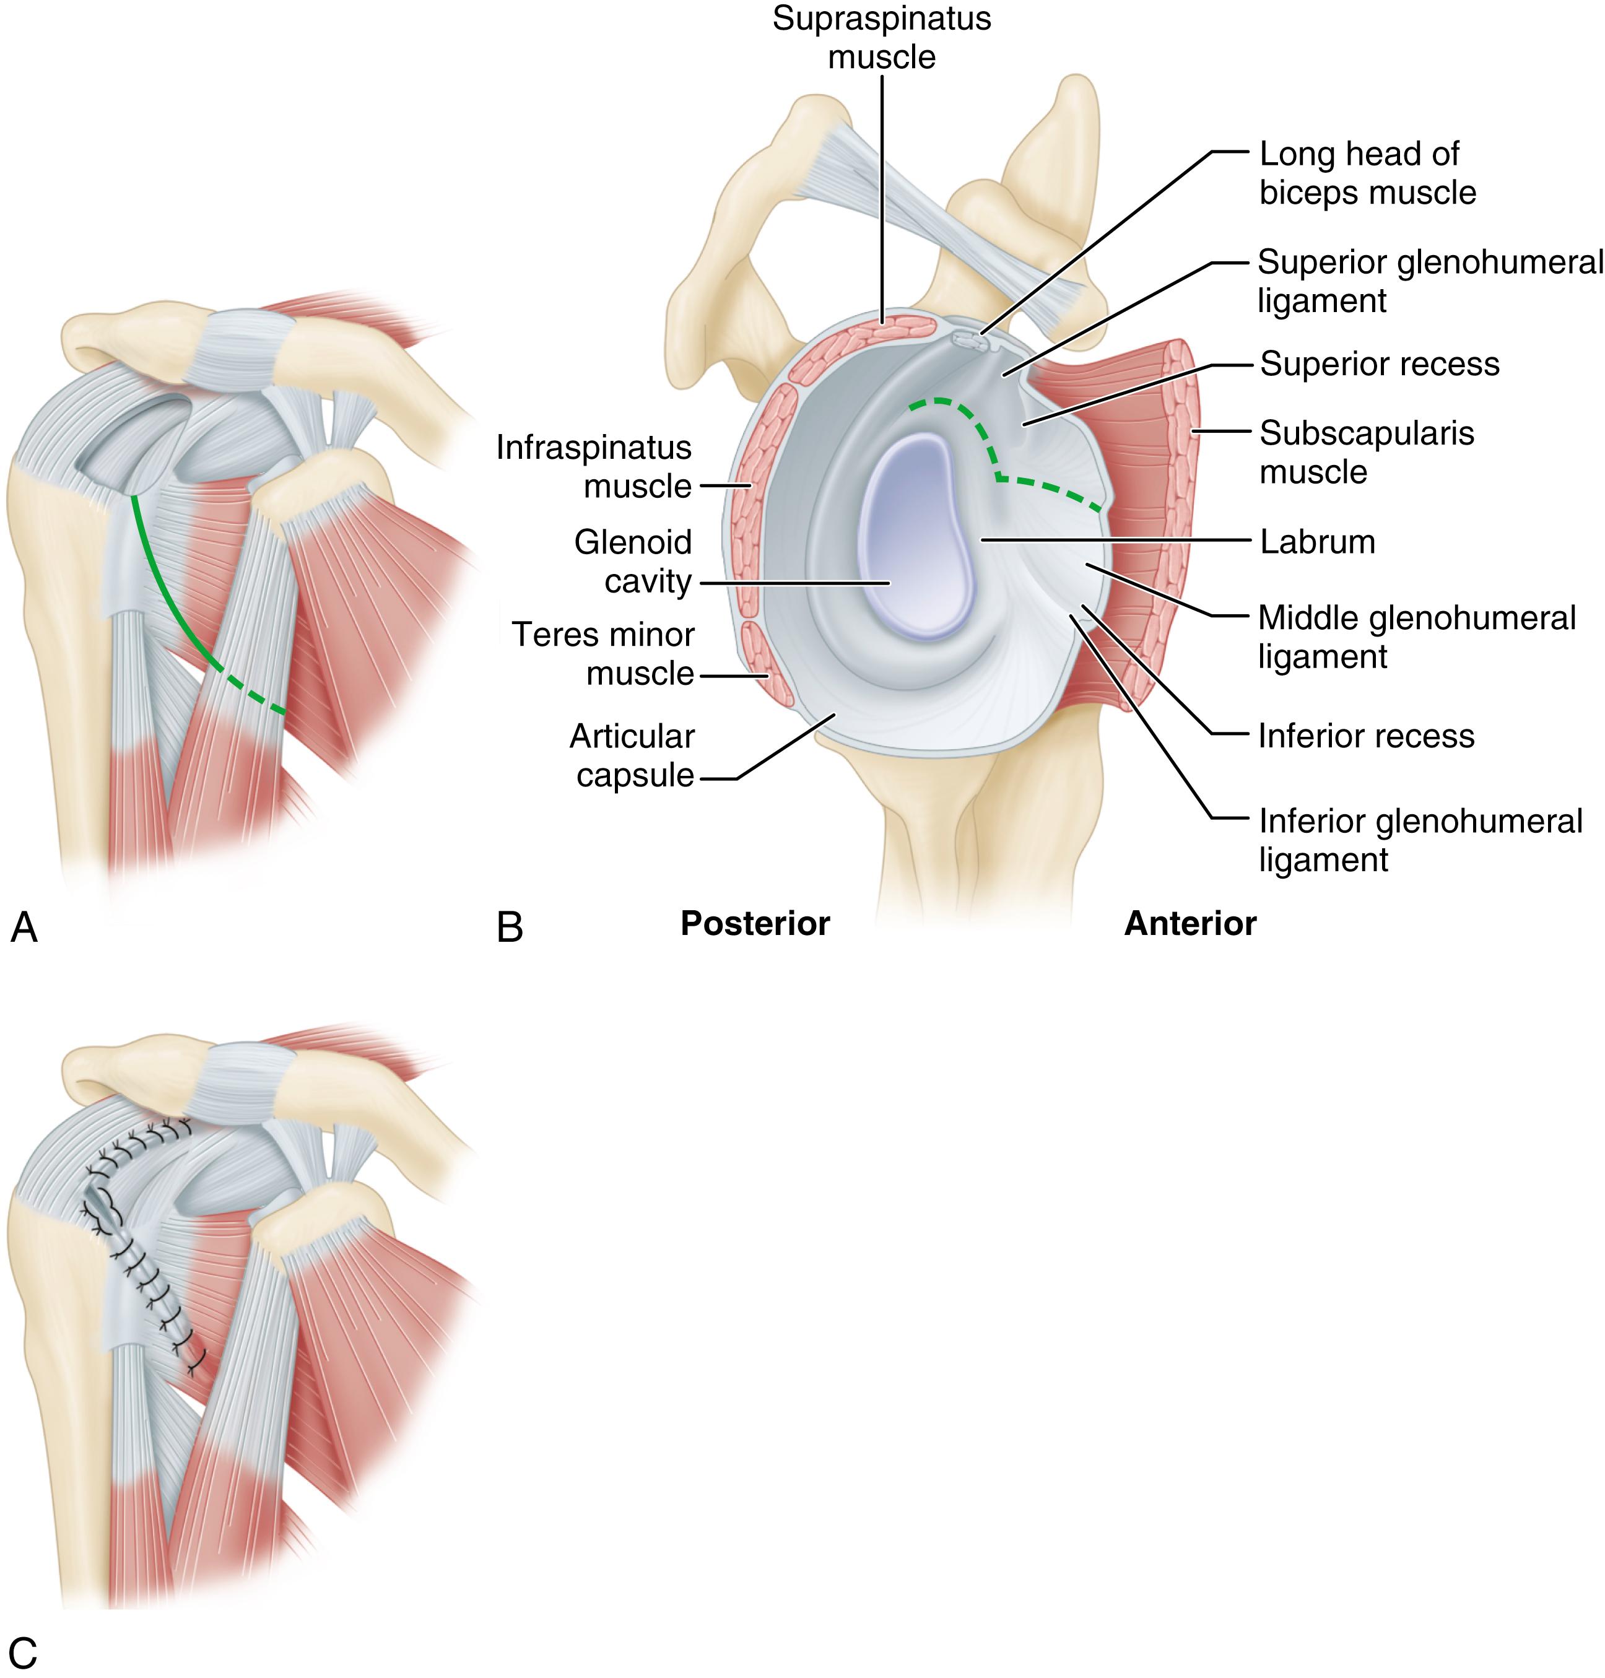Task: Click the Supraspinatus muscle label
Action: point(881,38)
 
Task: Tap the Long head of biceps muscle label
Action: point(1367,174)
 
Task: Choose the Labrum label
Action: point(1316,542)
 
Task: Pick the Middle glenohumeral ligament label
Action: point(1416,637)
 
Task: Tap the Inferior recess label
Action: point(1365,736)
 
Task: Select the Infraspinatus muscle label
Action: point(594,466)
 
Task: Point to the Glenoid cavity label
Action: point(632,562)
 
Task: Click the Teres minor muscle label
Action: point(603,654)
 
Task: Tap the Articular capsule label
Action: point(632,755)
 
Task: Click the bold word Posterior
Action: point(755,923)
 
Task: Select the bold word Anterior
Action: point(1190,923)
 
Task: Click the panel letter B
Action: point(509,928)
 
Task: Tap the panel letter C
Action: point(23,1653)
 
